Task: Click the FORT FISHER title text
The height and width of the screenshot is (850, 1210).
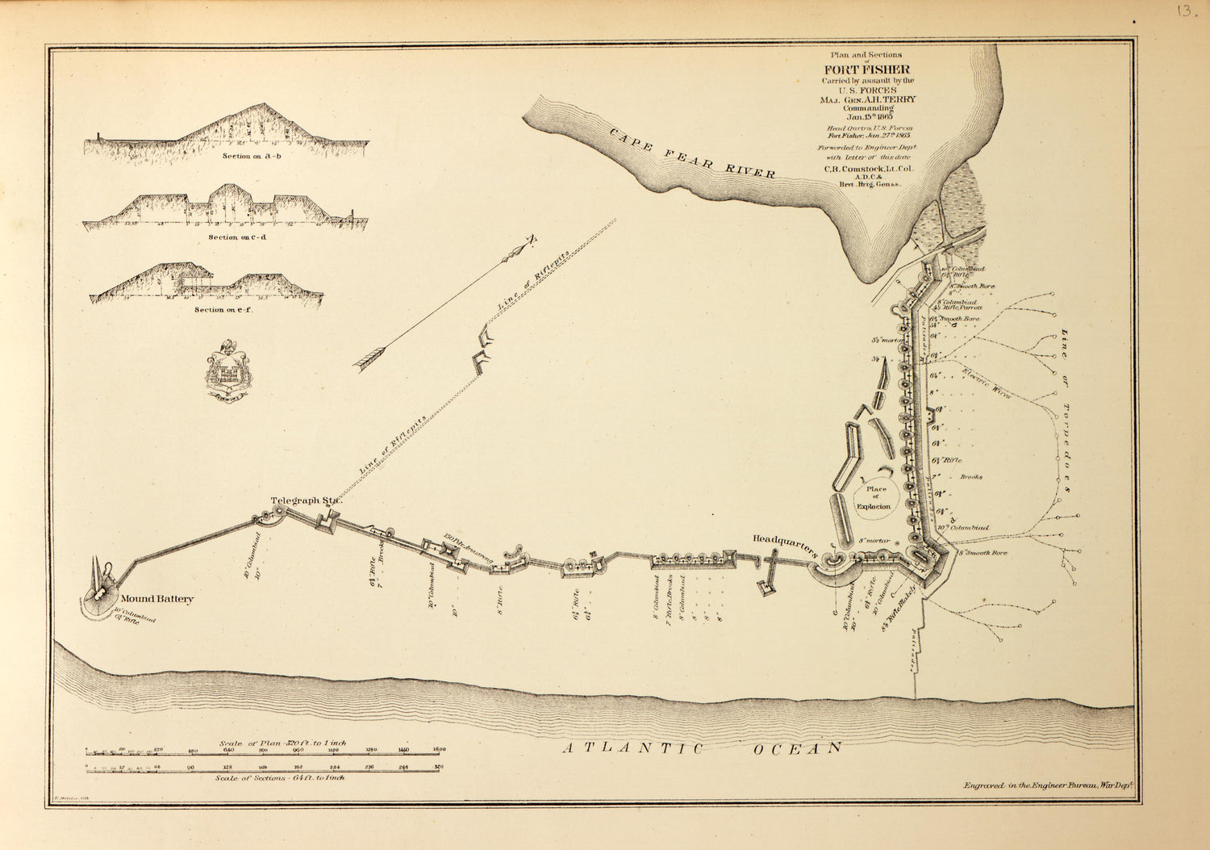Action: coord(866,69)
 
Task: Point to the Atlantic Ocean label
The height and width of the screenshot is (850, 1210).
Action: coord(702,748)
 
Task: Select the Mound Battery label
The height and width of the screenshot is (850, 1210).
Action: coord(157,599)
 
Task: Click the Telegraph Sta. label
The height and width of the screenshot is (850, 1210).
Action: coord(306,500)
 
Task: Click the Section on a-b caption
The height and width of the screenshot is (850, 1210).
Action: coord(252,156)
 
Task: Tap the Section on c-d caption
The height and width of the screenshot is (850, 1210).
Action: coord(236,237)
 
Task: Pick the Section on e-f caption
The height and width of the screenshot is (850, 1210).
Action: coord(223,310)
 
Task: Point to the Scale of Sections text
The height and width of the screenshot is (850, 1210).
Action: coord(280,777)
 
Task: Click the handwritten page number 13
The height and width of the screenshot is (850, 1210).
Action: coord(1186,11)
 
